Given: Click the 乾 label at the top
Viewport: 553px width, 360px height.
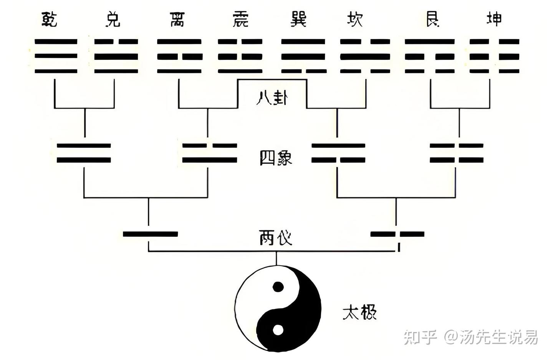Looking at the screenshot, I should pyautogui.click(x=50, y=19).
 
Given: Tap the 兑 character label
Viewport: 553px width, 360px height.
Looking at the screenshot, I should pyautogui.click(x=113, y=19).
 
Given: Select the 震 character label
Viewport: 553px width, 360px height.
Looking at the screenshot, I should pyautogui.click(x=241, y=19).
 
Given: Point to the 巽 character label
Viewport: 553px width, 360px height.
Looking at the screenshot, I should pyautogui.click(x=298, y=19).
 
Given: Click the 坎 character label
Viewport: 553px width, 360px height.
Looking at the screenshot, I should pyautogui.click(x=354, y=19).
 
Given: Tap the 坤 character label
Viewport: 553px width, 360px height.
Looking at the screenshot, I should pyautogui.click(x=494, y=19).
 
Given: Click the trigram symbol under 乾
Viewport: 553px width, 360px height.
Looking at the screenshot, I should pyautogui.click(x=56, y=56).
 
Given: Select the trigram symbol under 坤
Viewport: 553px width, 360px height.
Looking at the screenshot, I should pyautogui.click(x=495, y=56).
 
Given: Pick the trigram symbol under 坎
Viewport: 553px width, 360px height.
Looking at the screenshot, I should pyautogui.click(x=365, y=56).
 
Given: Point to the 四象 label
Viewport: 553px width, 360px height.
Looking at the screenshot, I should pyautogui.click(x=276, y=158).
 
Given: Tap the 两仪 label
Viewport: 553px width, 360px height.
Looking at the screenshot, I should pyautogui.click(x=275, y=238).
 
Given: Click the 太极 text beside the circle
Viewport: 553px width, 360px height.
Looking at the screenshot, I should pyautogui.click(x=359, y=312).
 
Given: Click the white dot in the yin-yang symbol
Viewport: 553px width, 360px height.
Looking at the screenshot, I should pyautogui.click(x=278, y=330).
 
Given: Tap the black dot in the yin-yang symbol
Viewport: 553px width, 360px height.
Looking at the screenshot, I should pyautogui.click(x=278, y=287).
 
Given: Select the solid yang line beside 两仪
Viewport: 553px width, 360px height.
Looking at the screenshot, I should pyautogui.click(x=150, y=234).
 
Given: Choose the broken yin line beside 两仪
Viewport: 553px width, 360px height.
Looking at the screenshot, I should pyautogui.click(x=397, y=234).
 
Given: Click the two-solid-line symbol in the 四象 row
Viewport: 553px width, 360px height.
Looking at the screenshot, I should pyautogui.click(x=84, y=153).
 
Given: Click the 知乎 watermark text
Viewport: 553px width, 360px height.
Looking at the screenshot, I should pyautogui.click(x=420, y=337).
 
